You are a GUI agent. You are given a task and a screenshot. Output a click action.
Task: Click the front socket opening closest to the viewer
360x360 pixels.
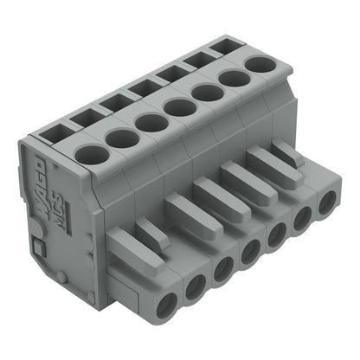pos(164,304)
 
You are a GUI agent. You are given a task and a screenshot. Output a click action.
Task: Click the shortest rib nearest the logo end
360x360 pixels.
pos(151,233)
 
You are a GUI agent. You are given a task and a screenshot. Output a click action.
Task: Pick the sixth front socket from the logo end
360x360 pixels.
pos(304,220)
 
